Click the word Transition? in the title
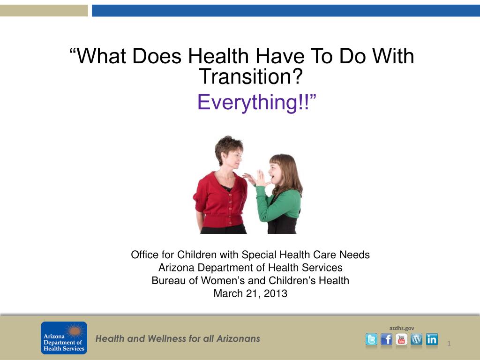click(251, 76)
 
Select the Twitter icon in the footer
click(371, 339)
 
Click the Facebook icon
click(386, 339)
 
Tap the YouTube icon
click(401, 339)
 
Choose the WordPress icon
click(416, 339)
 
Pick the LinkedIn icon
click(432, 339)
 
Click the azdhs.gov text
click(402, 328)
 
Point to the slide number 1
click(449, 344)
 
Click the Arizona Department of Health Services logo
click(64, 337)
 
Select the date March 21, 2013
click(250, 293)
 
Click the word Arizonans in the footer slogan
click(238, 338)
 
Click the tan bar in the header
click(44, 11)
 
